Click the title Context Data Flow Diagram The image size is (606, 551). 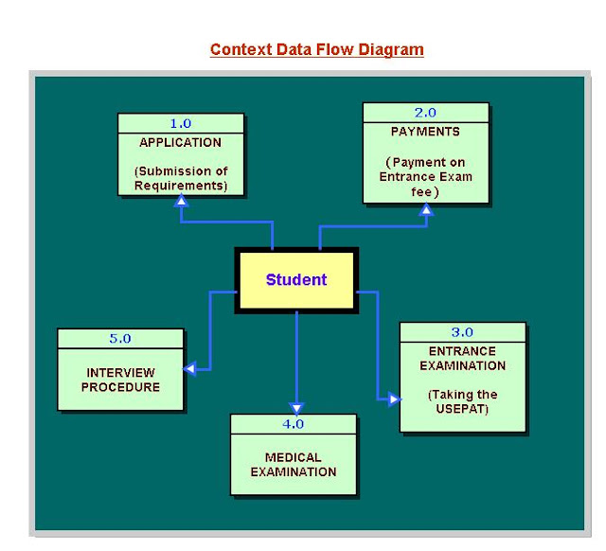pos(316,49)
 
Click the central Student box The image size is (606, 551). pos(295,280)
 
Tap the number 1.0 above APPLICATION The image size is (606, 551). pos(180,124)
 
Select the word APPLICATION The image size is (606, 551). pos(180,143)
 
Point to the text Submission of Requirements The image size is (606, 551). pos(180,179)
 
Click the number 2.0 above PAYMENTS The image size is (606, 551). pos(425,112)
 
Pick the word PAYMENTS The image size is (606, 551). pos(425,132)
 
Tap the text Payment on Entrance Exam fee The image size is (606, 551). pos(425,177)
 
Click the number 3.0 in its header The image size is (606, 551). pos(462,331)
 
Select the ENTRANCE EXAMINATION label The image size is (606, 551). pos(462,359)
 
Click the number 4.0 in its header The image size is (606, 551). pos(294,423)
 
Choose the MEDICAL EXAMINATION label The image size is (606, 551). pos(294,465)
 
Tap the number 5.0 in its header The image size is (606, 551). pos(120,338)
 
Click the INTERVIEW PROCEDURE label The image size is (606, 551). pos(120,380)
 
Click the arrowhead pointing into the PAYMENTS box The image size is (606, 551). pos(426,210)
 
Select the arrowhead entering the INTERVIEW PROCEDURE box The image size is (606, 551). pos(190,368)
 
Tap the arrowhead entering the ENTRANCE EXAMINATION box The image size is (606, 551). pos(393,400)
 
